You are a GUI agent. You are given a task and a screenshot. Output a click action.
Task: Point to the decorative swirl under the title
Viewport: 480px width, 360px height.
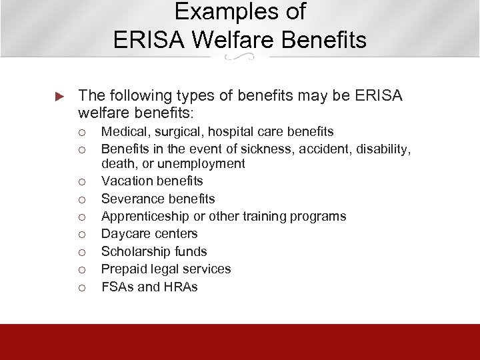click(239, 58)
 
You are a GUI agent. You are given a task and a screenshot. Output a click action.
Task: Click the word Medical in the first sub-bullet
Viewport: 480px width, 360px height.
click(120, 132)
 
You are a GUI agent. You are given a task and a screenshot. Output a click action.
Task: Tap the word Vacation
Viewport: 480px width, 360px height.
click(123, 181)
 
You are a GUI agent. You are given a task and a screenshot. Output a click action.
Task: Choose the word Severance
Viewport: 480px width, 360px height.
click(127, 199)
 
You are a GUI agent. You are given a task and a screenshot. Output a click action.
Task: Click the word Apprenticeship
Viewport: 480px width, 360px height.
click(138, 216)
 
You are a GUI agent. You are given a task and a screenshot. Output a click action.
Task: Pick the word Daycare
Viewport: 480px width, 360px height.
click(122, 233)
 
